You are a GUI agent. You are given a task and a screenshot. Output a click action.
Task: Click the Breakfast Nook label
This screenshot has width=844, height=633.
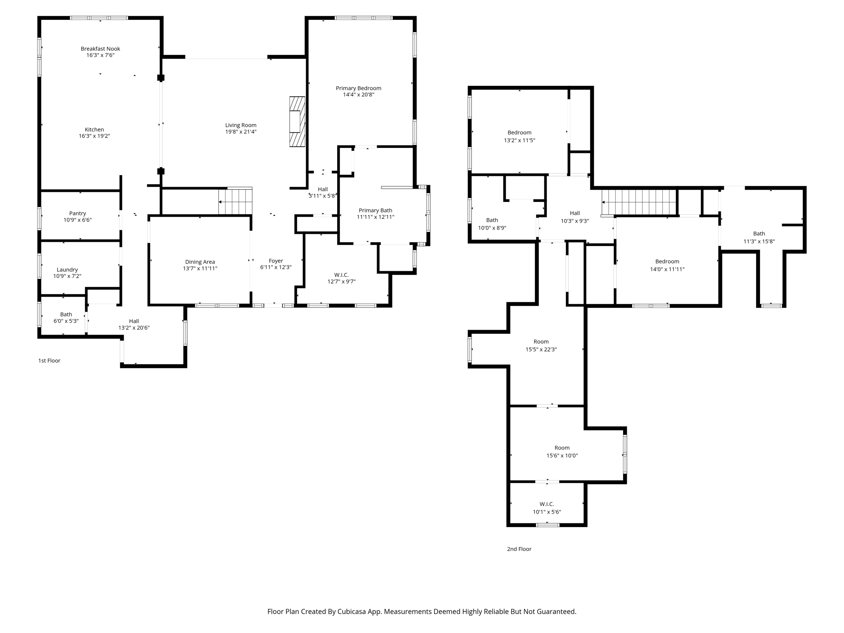pyautogui.click(x=100, y=49)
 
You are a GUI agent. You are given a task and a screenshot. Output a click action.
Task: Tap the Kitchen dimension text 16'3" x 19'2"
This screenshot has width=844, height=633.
pyautogui.click(x=94, y=136)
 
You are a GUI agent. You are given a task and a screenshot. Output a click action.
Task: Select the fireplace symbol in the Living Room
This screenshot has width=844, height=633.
pyautogui.click(x=297, y=122)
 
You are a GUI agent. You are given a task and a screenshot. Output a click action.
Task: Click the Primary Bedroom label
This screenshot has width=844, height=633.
pyautogui.click(x=358, y=88)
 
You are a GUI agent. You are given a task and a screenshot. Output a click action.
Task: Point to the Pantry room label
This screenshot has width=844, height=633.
pyautogui.click(x=77, y=213)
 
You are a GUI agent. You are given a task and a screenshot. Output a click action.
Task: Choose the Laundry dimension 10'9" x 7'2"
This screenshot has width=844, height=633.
pyautogui.click(x=67, y=276)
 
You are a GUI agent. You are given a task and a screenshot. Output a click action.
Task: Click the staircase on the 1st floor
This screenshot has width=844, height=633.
pyautogui.click(x=235, y=202)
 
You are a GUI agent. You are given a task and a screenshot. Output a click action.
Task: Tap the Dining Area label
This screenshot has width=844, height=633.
pyautogui.click(x=200, y=262)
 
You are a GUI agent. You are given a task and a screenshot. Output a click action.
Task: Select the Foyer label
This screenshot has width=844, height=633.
pyautogui.click(x=276, y=260)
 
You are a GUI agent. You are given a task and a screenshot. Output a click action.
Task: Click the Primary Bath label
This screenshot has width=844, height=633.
pyautogui.click(x=375, y=210)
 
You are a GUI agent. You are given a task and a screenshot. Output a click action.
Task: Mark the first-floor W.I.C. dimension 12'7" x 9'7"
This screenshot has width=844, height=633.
pyautogui.click(x=341, y=281)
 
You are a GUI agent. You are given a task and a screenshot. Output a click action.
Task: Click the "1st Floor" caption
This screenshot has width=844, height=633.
pyautogui.click(x=49, y=361)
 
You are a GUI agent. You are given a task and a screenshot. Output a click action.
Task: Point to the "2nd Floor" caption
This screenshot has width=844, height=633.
pyautogui.click(x=519, y=549)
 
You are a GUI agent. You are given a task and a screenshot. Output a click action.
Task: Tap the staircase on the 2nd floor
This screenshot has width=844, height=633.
pyautogui.click(x=639, y=202)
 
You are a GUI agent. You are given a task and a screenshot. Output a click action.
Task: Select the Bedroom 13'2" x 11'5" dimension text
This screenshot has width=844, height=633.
pyautogui.click(x=519, y=140)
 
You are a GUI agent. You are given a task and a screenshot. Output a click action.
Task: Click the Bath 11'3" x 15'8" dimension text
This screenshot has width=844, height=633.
pyautogui.click(x=759, y=241)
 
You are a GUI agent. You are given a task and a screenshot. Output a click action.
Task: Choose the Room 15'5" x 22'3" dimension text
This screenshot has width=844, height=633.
pyautogui.click(x=541, y=349)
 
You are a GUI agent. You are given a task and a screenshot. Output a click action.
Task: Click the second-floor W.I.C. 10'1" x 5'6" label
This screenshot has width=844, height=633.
pyautogui.click(x=546, y=504)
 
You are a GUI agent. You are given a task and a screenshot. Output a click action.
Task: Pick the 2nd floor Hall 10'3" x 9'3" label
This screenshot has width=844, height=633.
pyautogui.click(x=574, y=213)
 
